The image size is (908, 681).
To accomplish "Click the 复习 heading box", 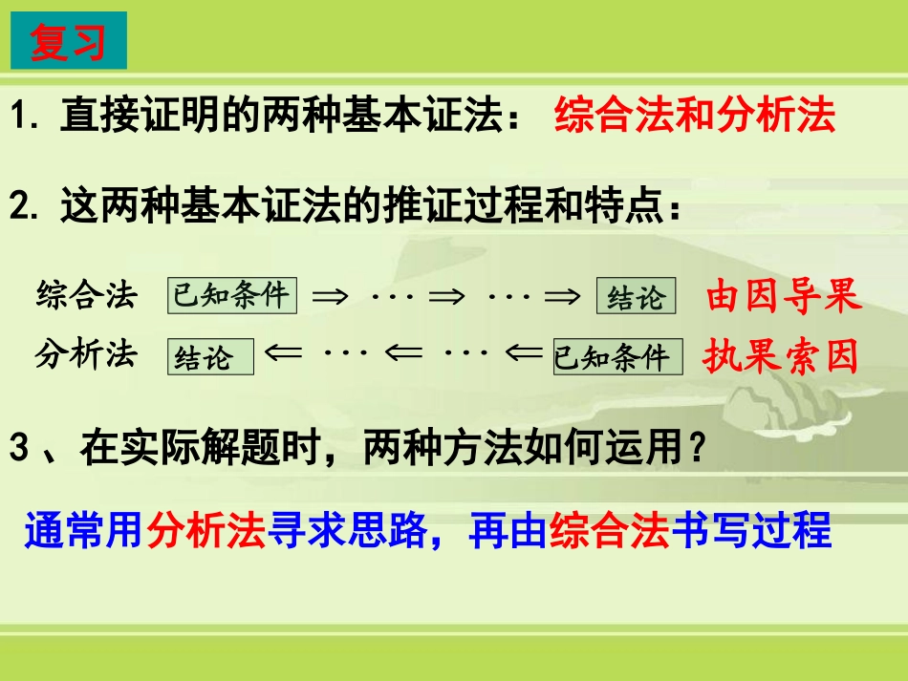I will tap(68, 41).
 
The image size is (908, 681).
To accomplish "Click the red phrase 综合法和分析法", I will tap(695, 117).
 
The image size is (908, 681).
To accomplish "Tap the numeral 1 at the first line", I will tap(21, 118).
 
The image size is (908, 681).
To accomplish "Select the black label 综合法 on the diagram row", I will tap(87, 295).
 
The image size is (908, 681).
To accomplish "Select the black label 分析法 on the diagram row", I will tap(87, 354).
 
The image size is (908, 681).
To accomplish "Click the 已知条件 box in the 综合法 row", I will tap(231, 295).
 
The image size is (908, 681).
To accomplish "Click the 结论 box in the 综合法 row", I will tap(636, 297).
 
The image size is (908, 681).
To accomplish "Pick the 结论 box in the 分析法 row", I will tap(211, 357).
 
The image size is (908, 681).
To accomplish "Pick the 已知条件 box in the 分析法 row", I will tap(617, 357).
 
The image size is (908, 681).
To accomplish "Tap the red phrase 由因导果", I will tap(784, 297).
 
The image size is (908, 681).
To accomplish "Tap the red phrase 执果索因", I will tap(781, 356).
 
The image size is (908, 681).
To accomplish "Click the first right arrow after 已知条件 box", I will tap(331, 297).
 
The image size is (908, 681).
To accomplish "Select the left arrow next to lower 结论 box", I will tap(284, 354).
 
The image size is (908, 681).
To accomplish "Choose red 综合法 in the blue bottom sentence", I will tap(603, 530).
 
